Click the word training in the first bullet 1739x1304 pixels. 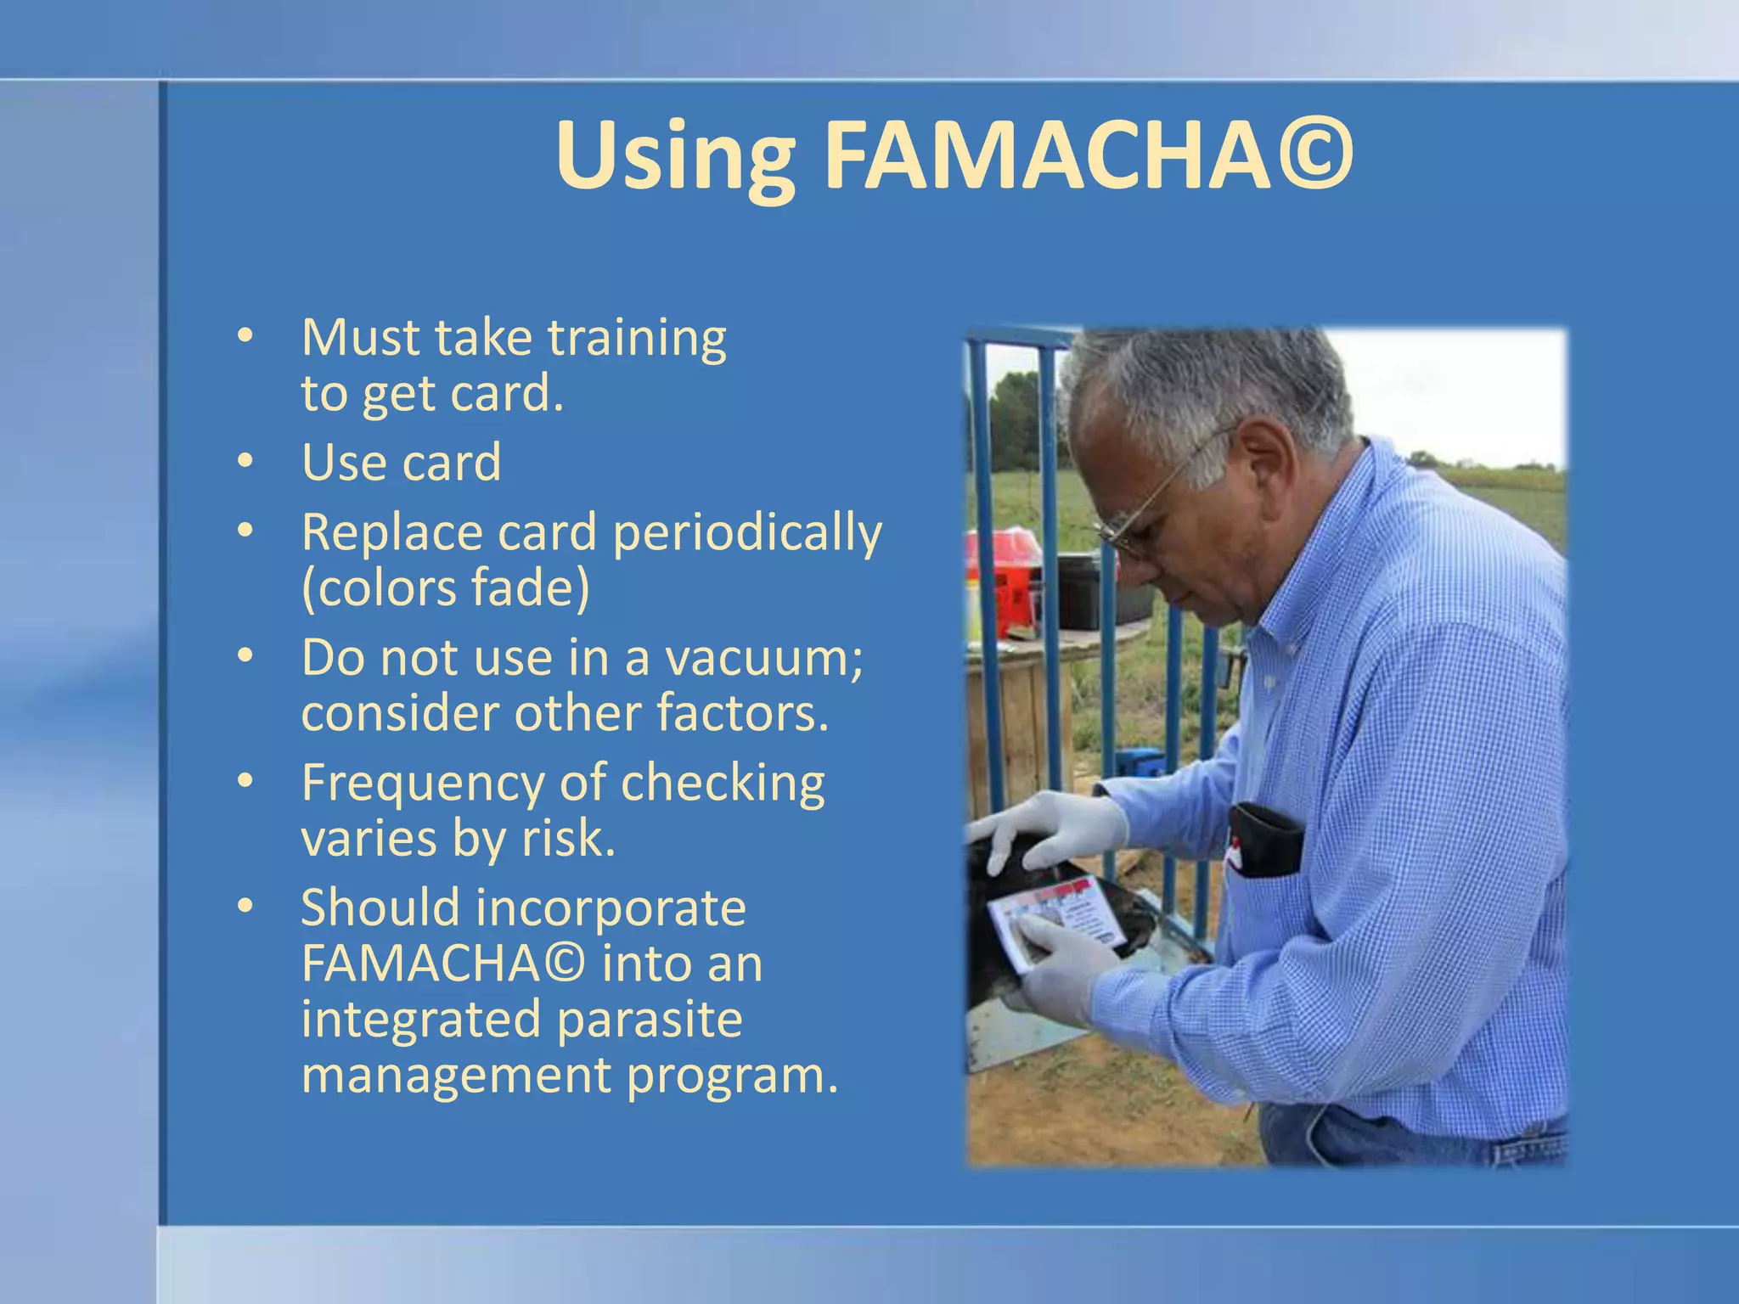click(x=637, y=338)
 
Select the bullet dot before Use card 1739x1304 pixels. click(x=245, y=461)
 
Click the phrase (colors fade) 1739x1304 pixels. click(x=445, y=588)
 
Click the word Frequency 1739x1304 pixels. click(x=422, y=783)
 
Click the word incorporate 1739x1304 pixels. click(x=610, y=908)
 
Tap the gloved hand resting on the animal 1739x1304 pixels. click(x=1053, y=828)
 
